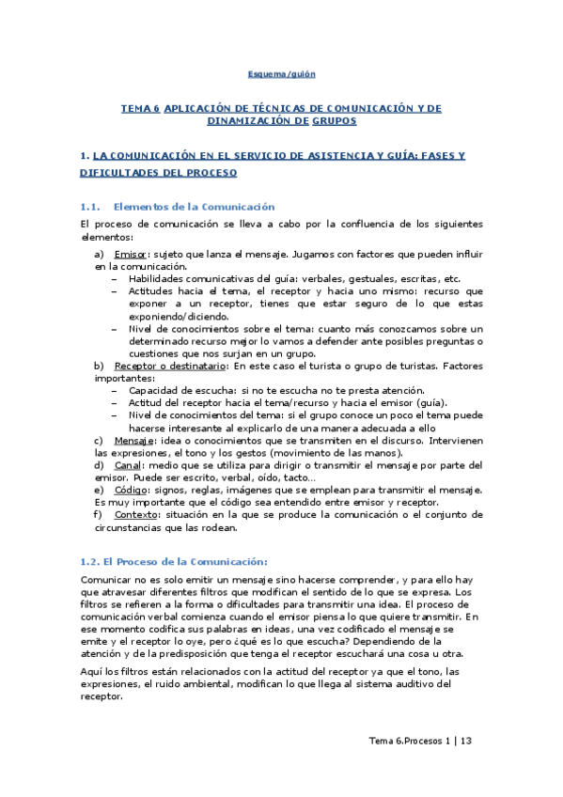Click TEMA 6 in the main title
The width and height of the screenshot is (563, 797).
140,109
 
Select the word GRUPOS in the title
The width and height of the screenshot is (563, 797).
334,121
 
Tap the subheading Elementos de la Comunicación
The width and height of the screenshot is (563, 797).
193,206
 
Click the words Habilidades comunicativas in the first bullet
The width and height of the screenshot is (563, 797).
192,278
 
